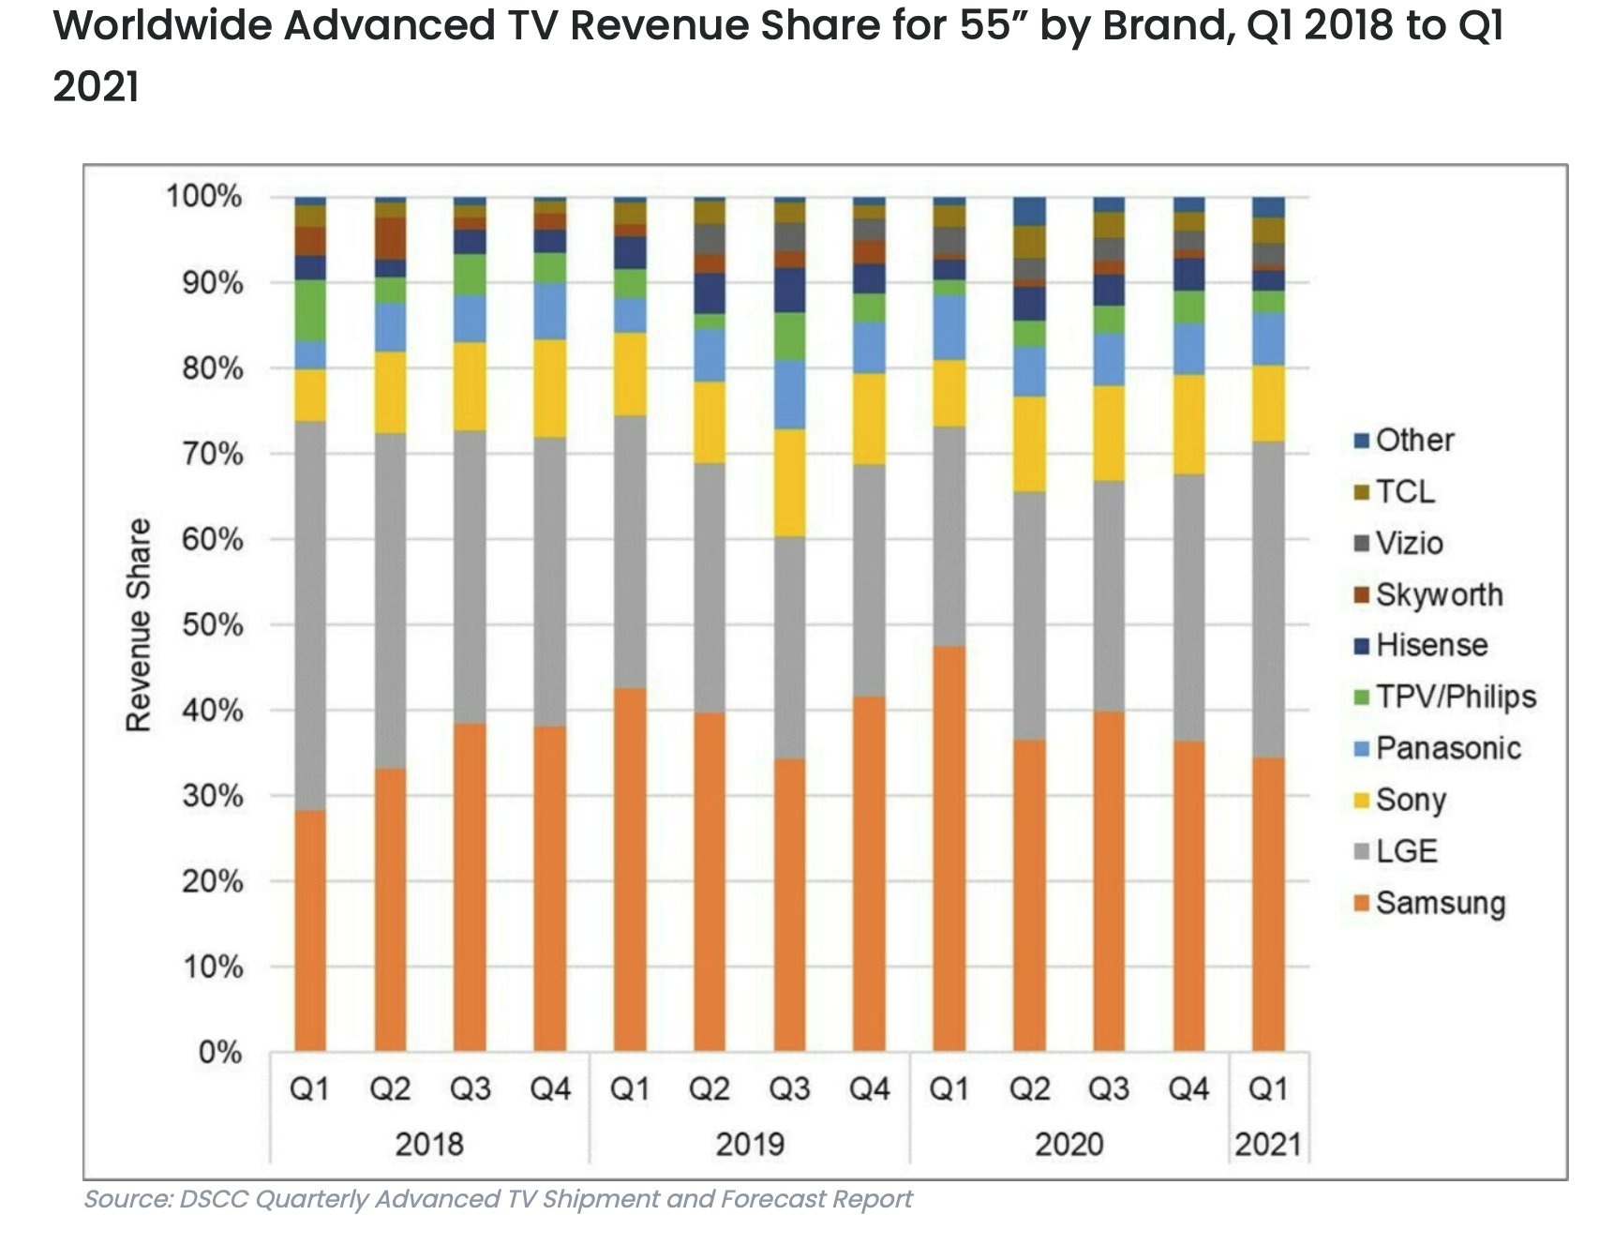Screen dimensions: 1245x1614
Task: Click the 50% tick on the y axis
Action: (x=213, y=624)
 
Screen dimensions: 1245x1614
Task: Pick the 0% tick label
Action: (x=220, y=1052)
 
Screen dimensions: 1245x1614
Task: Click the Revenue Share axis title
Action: (x=139, y=624)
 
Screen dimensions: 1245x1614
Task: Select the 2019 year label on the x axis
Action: (x=750, y=1144)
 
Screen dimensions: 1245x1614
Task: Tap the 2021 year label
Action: (x=1268, y=1144)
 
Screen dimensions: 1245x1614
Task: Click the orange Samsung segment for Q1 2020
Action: (x=949, y=848)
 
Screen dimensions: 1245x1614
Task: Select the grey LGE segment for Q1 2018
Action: (x=310, y=616)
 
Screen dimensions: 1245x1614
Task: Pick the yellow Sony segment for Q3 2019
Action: (x=789, y=483)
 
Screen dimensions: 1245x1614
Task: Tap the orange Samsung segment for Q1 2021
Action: (x=1268, y=905)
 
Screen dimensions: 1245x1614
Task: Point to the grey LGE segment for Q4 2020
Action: (x=1188, y=607)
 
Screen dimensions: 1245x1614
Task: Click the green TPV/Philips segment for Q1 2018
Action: (x=310, y=310)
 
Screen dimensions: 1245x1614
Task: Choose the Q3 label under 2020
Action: (x=1109, y=1088)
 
